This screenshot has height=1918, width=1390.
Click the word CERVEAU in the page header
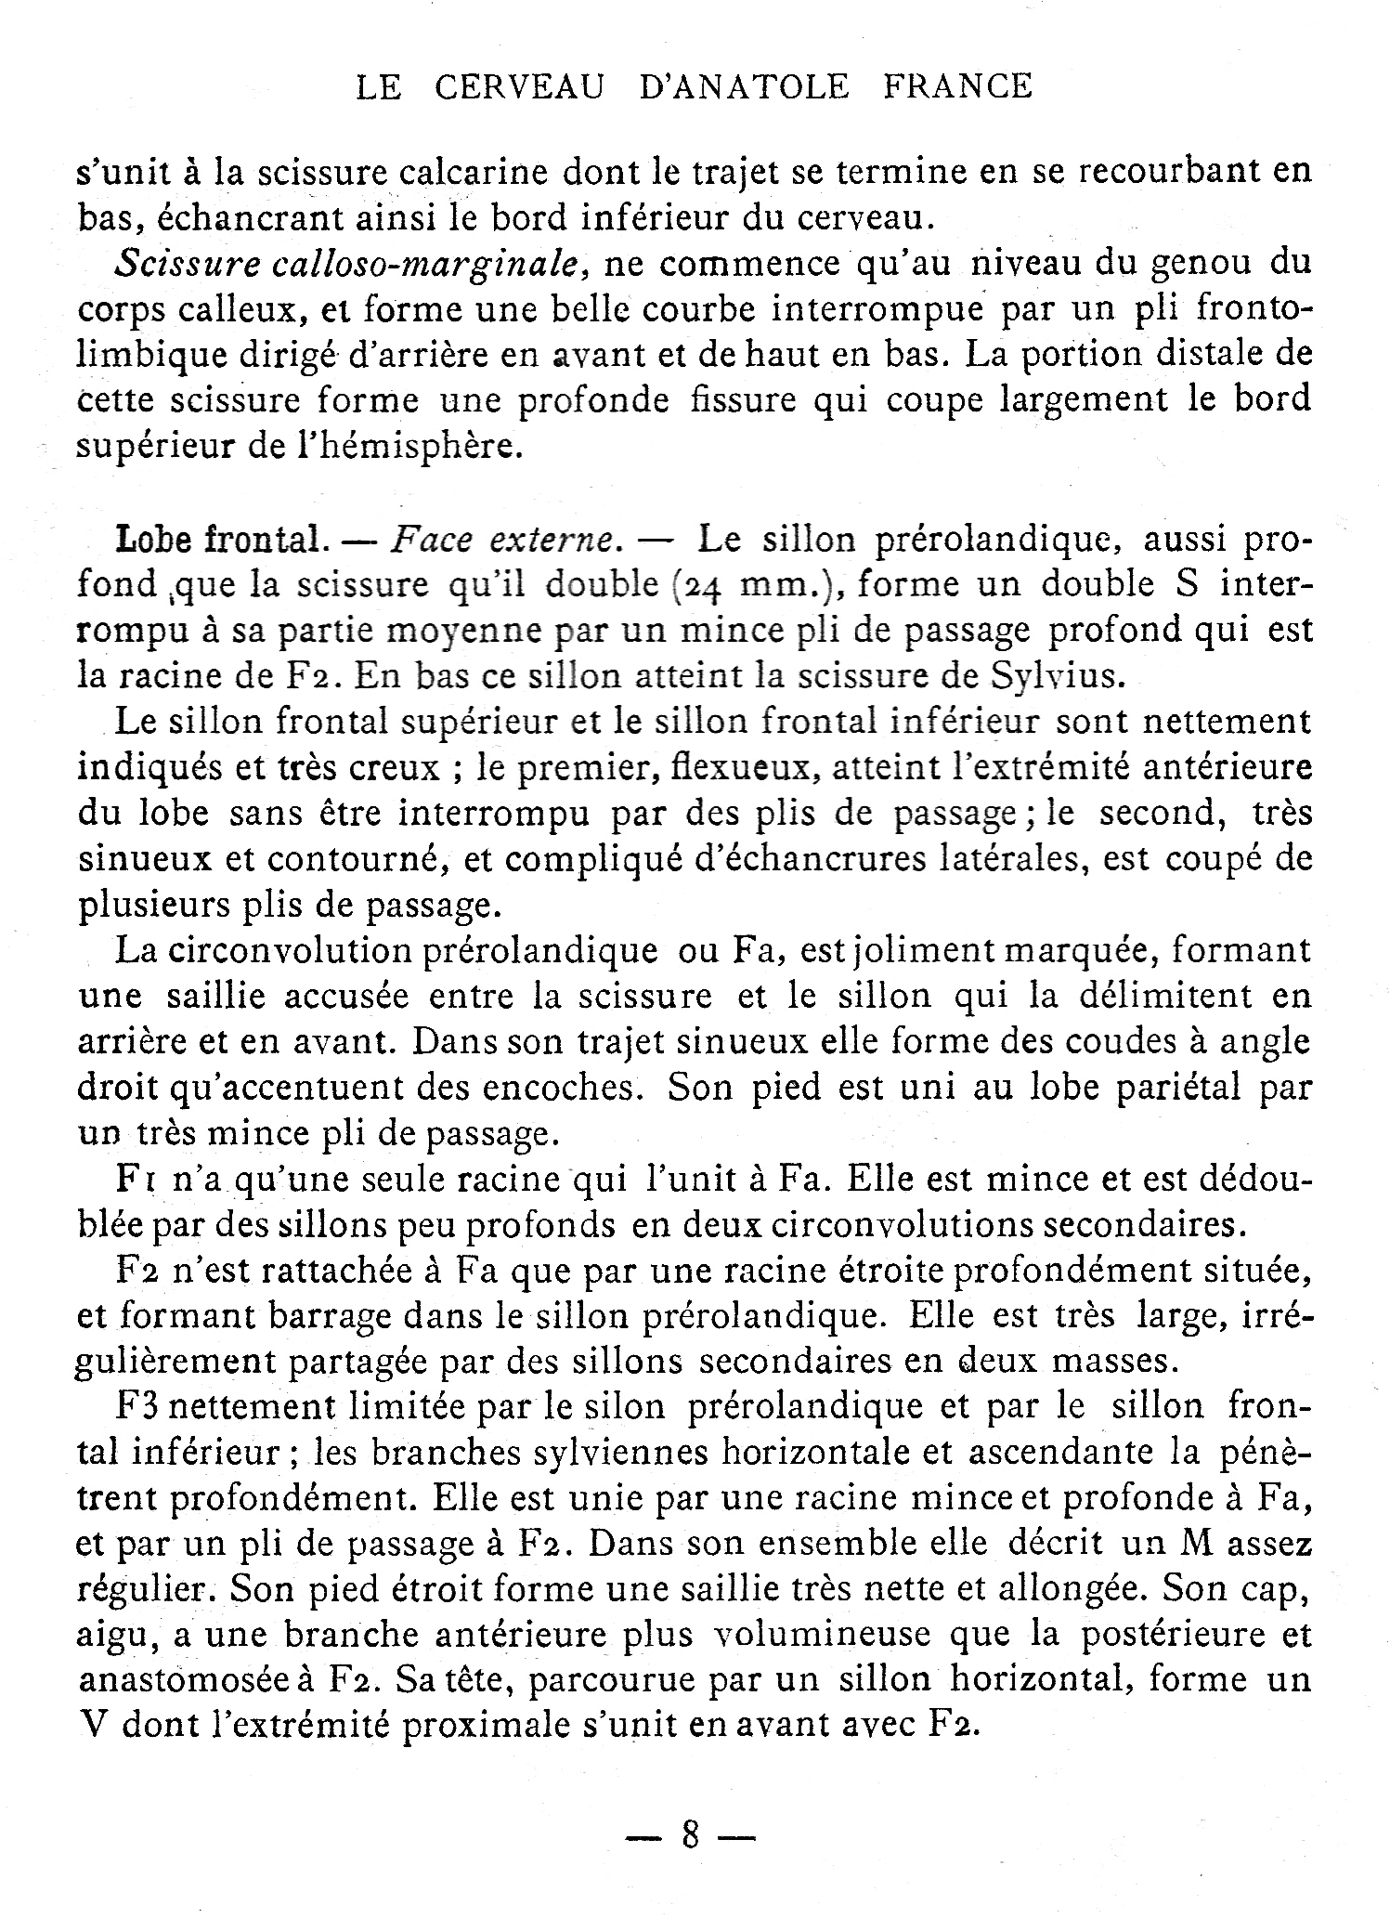coord(519,87)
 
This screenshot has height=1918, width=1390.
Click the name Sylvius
coord(1059,676)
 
